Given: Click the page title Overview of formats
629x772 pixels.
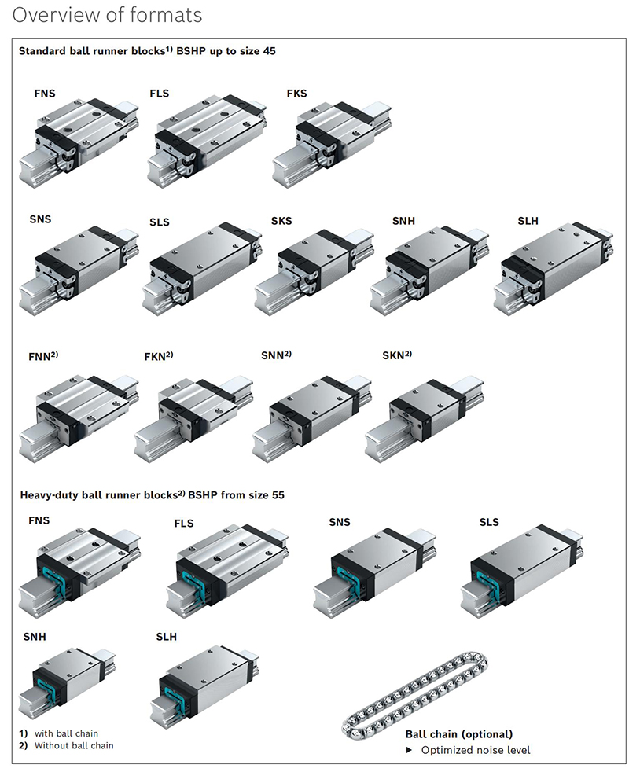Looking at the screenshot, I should click(108, 15).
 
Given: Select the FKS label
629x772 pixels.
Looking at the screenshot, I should click(296, 94).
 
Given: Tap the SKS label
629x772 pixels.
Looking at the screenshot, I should click(281, 221).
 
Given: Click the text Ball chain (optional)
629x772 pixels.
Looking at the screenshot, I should click(458, 734).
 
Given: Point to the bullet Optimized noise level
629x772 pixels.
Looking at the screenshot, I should click(475, 750).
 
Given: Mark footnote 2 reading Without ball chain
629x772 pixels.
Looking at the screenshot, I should click(73, 745).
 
